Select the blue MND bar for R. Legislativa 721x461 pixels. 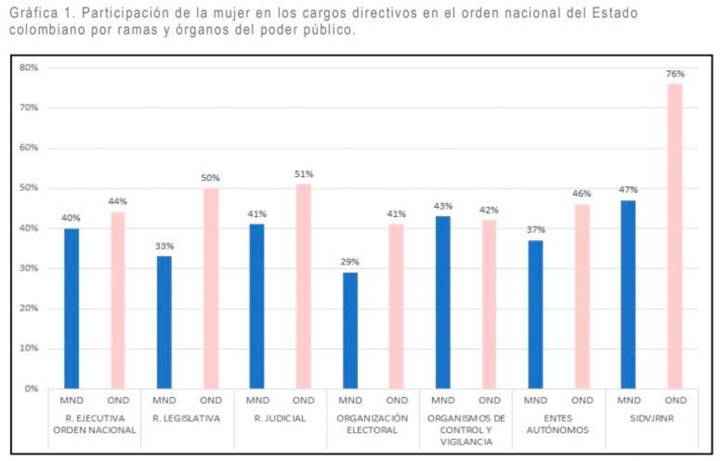click(164, 322)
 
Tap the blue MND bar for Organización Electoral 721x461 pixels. click(350, 330)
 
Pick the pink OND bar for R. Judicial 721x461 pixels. click(303, 286)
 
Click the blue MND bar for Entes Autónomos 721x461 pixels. click(535, 314)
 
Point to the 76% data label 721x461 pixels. click(675, 74)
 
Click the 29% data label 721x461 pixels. click(350, 262)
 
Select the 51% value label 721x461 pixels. click(303, 174)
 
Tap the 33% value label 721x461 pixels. click(164, 246)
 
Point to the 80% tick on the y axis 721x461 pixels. click(29, 67)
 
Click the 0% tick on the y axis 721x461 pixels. click(31, 388)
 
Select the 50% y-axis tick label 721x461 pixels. click(29, 188)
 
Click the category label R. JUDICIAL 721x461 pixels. click(280, 418)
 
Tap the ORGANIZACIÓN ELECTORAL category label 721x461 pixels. click(373, 424)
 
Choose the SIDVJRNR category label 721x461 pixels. click(651, 418)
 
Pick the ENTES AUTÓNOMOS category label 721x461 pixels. click(558, 424)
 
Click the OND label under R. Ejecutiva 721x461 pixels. click(118, 400)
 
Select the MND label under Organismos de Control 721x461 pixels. click(443, 400)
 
